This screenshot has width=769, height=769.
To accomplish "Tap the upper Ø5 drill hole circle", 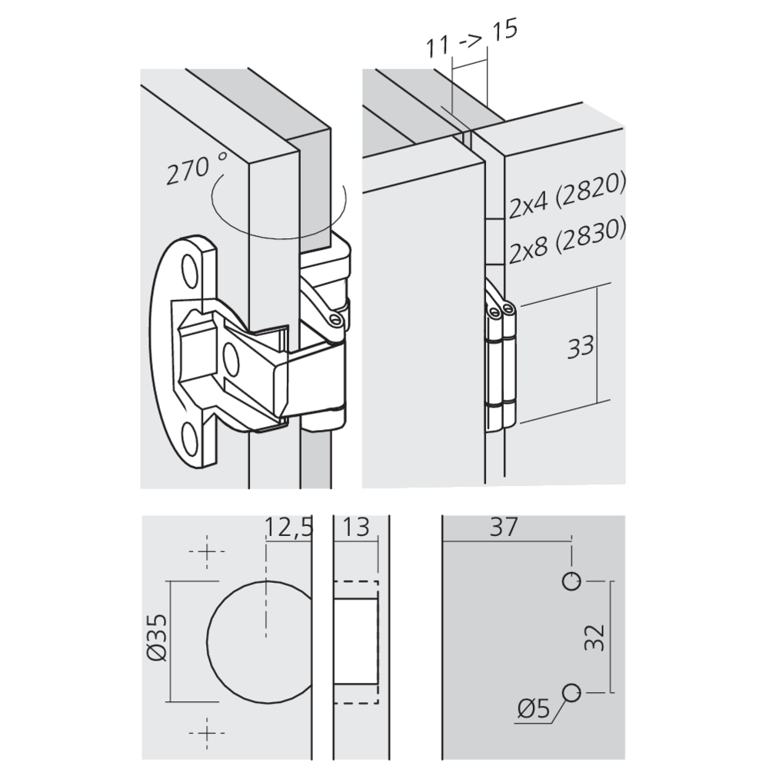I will point(571,581).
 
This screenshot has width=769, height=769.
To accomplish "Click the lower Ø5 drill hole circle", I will point(571,692).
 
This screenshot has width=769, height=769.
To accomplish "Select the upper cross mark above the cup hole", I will point(206,552).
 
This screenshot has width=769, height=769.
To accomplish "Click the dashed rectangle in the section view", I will point(356,641).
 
